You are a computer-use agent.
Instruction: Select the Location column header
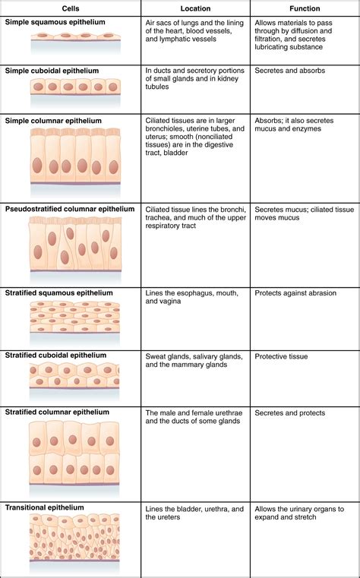(195, 8)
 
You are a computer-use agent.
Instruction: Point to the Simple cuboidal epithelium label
(51, 71)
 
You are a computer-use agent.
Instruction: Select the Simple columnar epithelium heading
(52, 120)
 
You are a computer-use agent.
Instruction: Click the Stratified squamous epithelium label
(58, 292)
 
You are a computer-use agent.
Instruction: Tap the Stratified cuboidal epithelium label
(55, 355)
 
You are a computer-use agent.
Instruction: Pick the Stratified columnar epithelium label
(57, 412)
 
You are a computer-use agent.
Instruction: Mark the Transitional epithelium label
(44, 507)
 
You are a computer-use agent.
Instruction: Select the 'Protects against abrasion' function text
(299, 293)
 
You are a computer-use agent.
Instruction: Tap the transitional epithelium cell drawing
(74, 537)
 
